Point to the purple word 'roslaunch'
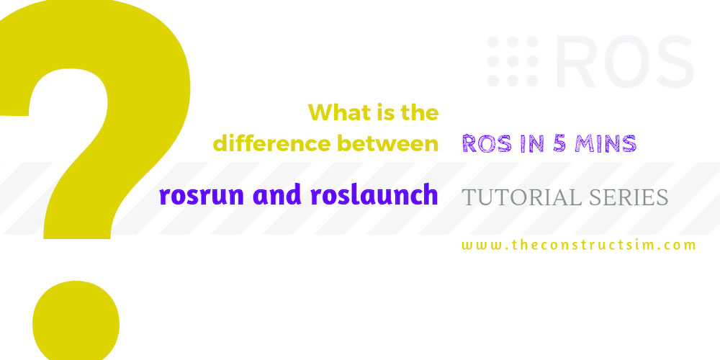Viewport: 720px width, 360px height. pyautogui.click(x=374, y=194)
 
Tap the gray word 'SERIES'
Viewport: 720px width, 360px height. pyautogui.click(x=628, y=197)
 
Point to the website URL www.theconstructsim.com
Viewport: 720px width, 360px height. pyautogui.click(x=579, y=245)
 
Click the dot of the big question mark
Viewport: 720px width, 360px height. pyautogui.click(x=76, y=321)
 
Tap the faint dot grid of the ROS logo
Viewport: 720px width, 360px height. pyautogui.click(x=513, y=61)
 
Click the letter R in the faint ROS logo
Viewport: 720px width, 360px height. pyautogui.click(x=576, y=61)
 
